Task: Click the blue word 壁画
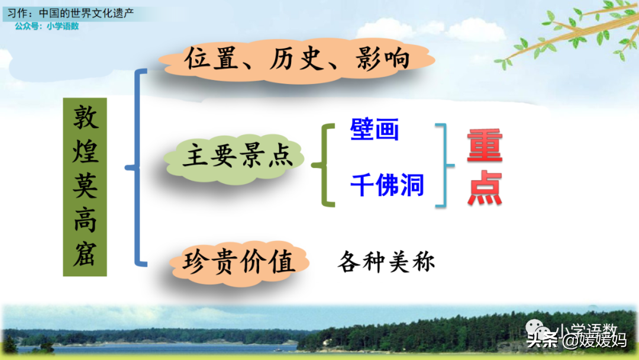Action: (x=374, y=130)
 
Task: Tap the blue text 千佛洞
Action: (x=387, y=185)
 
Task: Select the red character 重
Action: (x=485, y=145)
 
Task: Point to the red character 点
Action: (x=485, y=188)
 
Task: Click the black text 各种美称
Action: (x=386, y=261)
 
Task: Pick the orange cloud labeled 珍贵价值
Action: (x=239, y=262)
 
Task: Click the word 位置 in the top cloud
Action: (x=211, y=58)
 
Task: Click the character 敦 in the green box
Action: (x=85, y=118)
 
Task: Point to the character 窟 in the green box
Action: (x=85, y=255)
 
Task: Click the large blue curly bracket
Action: (x=135, y=167)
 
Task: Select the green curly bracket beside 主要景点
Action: (x=323, y=165)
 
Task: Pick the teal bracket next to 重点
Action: (x=444, y=165)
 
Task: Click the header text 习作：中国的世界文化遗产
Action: (x=70, y=13)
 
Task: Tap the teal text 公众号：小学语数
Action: (x=47, y=26)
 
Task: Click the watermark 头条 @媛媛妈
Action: (x=576, y=340)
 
